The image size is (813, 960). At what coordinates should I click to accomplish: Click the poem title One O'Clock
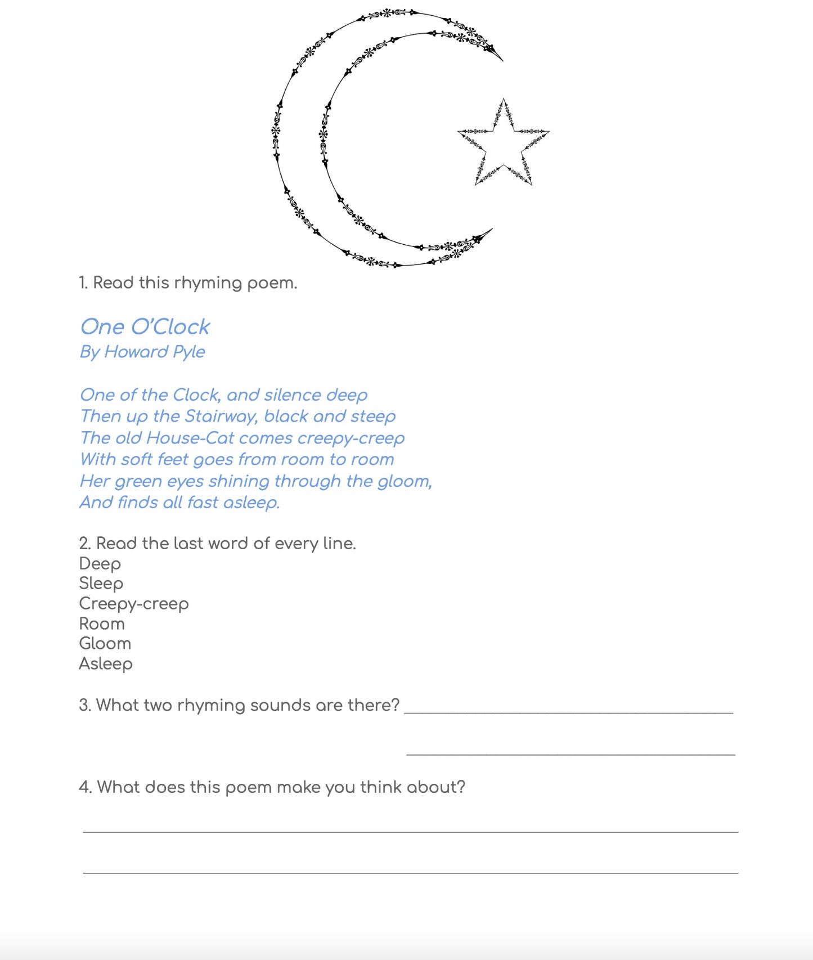145,327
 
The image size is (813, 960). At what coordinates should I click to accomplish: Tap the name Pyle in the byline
188,352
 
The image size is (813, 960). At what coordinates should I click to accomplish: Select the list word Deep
100,564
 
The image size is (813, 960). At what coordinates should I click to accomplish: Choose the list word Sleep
101,584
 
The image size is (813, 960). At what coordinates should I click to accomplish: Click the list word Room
102,623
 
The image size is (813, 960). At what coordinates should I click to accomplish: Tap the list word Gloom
105,643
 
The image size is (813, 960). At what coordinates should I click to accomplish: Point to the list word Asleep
106,664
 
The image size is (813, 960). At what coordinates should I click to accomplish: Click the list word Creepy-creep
134,604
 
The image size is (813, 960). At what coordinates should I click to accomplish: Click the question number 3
84,705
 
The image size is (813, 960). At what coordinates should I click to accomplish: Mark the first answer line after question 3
568,712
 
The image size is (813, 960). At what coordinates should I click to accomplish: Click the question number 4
85,787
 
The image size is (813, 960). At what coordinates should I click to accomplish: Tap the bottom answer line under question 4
411,873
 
